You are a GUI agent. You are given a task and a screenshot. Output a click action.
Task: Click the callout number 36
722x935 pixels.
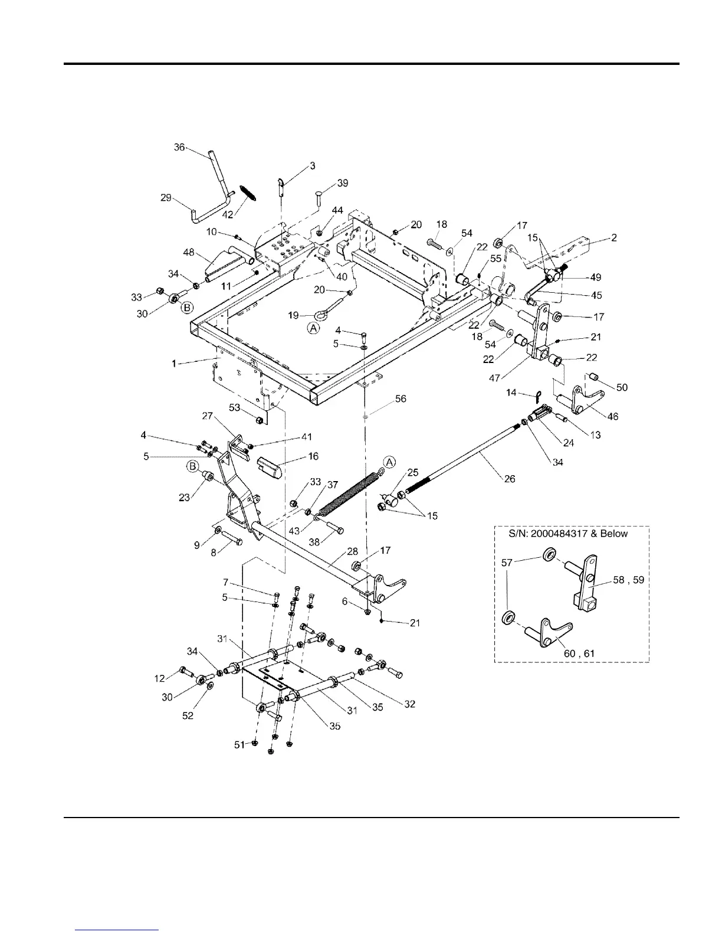point(179,148)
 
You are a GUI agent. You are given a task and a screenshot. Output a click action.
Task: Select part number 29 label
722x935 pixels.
point(166,198)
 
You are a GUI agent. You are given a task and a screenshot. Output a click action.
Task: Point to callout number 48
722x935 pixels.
point(188,252)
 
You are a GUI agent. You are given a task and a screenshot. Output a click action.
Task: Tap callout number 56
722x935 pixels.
point(400,400)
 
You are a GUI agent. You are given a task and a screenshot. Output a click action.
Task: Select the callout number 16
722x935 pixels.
point(313,456)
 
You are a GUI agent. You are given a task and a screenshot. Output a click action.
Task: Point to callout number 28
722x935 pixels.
point(353,552)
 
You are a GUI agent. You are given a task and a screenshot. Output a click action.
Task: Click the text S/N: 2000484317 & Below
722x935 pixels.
point(568,534)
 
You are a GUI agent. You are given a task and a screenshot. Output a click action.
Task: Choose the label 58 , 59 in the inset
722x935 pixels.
point(628,580)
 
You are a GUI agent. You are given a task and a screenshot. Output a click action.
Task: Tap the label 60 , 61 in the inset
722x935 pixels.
point(578,654)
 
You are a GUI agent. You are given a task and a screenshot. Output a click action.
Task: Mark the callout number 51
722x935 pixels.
point(239,745)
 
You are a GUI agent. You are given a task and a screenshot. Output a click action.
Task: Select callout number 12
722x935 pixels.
point(160,679)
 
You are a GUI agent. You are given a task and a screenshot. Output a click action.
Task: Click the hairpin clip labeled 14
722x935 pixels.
point(537,395)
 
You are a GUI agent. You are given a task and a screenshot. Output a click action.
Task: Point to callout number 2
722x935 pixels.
point(614,238)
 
